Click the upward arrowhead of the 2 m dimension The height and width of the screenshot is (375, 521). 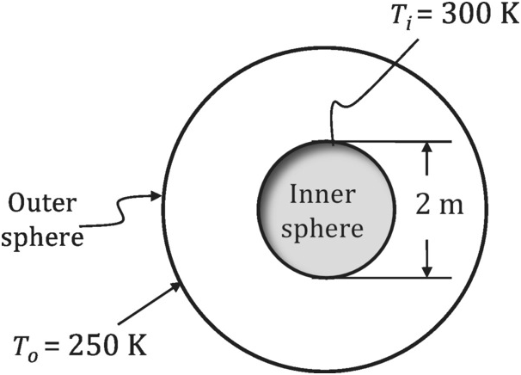[426, 150]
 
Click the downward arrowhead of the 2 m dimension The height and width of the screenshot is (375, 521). [426, 270]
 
